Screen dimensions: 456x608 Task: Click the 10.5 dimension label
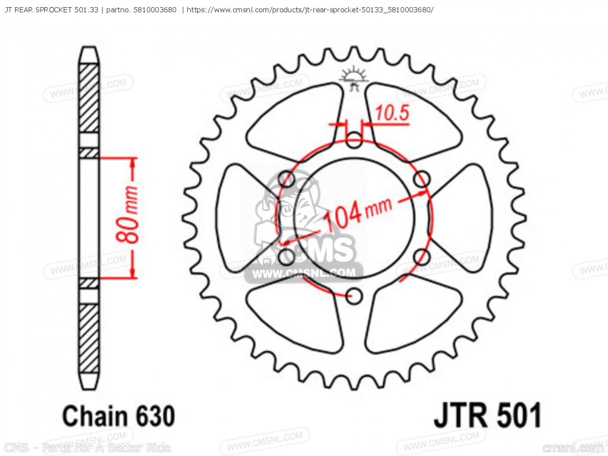point(392,113)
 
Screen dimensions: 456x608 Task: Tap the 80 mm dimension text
point(128,215)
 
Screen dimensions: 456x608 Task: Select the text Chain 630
point(118,416)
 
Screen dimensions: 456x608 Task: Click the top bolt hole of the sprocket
point(354,141)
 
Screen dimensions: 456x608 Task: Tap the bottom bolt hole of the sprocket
point(354,296)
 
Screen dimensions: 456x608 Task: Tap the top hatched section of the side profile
point(89,98)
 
